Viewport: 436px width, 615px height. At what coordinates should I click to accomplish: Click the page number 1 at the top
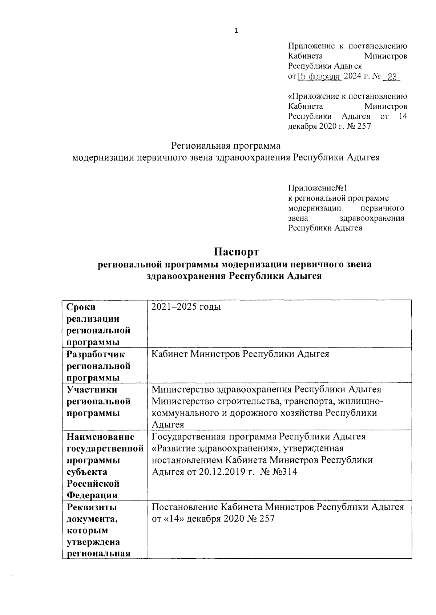236,31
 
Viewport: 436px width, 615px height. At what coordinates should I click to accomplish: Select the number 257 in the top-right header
363,126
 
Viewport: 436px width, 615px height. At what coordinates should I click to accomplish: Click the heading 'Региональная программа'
226,146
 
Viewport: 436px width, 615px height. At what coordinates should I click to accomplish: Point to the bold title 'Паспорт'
236,252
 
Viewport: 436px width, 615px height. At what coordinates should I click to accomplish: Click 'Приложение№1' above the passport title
318,188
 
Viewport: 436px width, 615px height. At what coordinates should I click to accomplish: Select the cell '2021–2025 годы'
186,307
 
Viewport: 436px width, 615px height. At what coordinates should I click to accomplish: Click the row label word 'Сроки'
81,307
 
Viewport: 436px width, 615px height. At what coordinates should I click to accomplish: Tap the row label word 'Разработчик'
96,354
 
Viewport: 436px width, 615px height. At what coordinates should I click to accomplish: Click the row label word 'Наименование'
101,437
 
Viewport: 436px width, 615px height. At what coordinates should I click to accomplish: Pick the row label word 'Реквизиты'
92,507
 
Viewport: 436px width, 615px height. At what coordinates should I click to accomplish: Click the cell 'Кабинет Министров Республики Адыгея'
240,354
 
